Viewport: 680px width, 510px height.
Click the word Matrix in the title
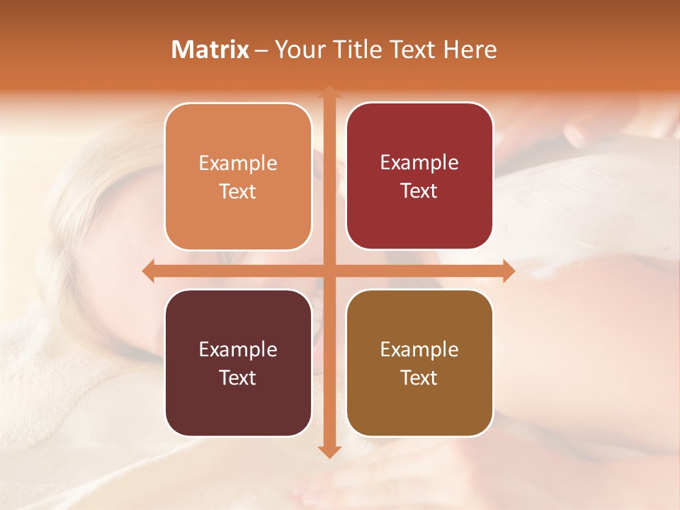210,49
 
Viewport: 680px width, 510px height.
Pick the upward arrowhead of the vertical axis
329,93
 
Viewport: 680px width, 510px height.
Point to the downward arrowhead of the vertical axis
329,451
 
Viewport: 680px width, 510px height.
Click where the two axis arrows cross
329,271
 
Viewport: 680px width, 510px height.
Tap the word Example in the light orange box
238,163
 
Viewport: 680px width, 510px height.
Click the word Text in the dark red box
419,191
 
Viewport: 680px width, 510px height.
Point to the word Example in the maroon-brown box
238,349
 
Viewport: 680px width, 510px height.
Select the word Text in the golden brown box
419,378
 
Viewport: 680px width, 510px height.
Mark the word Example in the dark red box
419,162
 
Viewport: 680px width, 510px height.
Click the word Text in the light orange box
238,191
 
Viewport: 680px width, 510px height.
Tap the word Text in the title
410,49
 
